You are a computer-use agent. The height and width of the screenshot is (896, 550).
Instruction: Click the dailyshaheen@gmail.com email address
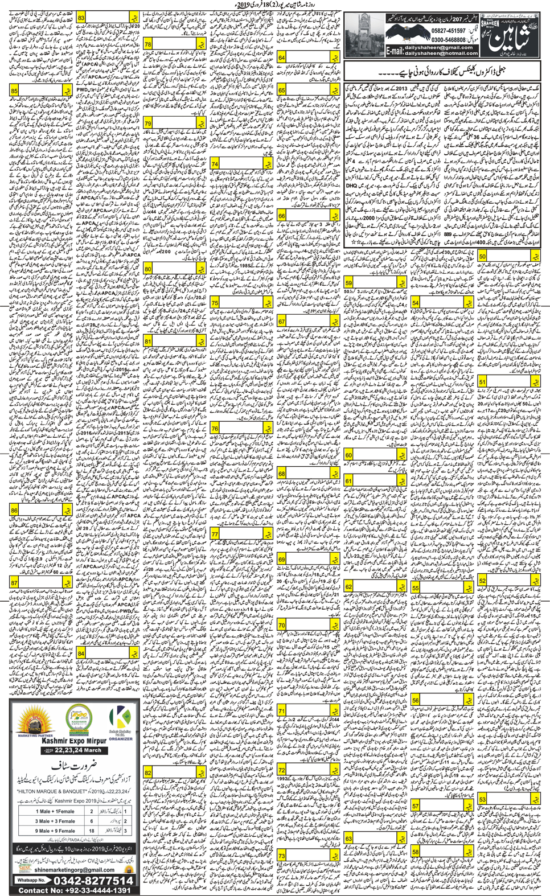[x=441, y=47]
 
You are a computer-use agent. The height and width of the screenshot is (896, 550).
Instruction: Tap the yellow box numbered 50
[x=482, y=256]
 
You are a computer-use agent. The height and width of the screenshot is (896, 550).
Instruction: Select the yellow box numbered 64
[x=282, y=57]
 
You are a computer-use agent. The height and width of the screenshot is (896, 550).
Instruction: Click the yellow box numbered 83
[x=81, y=18]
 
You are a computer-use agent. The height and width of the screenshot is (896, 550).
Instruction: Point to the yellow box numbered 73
[x=282, y=856]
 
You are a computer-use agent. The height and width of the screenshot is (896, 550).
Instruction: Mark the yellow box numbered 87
[x=15, y=583]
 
